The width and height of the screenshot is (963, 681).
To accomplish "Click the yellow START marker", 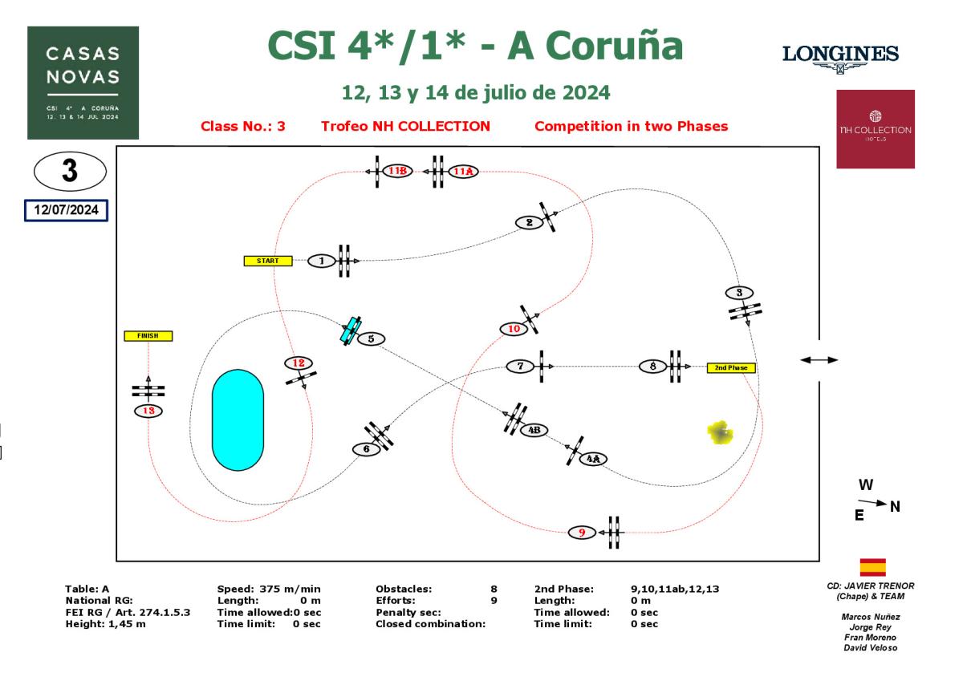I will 268,261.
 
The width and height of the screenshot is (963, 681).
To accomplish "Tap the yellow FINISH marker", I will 148,336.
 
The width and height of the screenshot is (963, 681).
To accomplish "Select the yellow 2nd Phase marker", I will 731,368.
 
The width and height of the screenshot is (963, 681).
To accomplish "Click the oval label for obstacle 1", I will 322,261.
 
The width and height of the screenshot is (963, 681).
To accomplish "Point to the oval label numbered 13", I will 148,411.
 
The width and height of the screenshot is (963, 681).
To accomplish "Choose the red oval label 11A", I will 464,171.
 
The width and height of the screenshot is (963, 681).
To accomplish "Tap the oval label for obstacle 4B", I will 534,430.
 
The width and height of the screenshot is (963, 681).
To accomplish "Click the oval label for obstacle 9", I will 582,532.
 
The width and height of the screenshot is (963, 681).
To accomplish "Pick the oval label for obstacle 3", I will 739,292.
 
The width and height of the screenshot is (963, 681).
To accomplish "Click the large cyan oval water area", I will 238,420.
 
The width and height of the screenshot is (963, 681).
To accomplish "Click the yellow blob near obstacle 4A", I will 720,432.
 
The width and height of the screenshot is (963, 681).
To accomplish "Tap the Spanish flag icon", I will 872,568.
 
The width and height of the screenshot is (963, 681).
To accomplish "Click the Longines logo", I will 840,58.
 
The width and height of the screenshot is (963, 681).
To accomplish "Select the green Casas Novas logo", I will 83,83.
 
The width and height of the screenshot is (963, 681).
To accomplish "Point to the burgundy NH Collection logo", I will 876,129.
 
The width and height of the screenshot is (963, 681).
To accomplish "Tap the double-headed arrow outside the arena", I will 819,360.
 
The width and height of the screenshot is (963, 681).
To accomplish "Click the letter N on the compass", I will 895,506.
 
